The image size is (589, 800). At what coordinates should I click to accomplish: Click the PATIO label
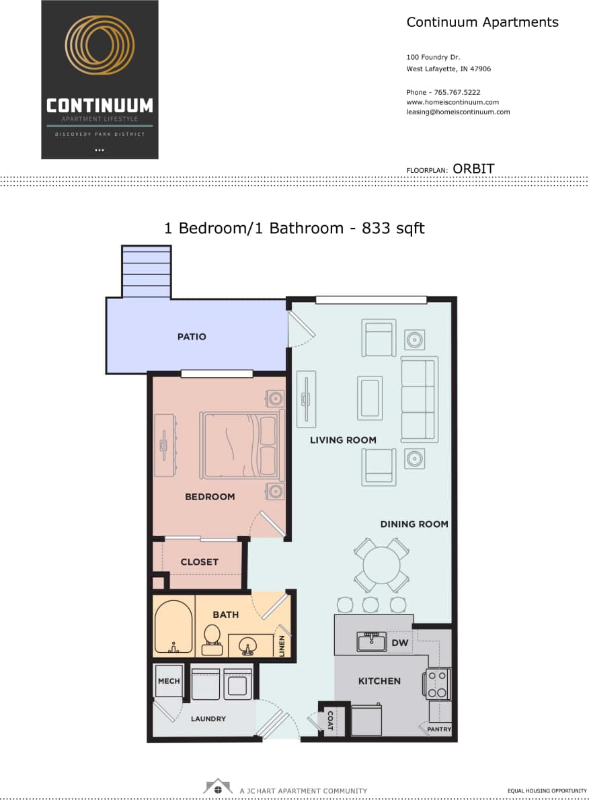(x=192, y=337)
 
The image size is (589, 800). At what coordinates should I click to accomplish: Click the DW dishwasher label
(x=400, y=643)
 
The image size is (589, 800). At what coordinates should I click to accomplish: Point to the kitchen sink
(x=371, y=642)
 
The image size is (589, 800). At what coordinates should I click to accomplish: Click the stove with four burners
(x=438, y=684)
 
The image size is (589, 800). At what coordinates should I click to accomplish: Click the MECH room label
(x=169, y=681)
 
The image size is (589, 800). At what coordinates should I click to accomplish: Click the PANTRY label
(x=439, y=729)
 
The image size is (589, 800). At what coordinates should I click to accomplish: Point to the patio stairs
(x=146, y=272)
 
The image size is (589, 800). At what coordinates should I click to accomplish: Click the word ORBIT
(x=473, y=169)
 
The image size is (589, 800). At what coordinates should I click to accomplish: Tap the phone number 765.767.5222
(x=457, y=92)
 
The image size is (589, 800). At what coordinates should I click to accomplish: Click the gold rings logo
(x=100, y=46)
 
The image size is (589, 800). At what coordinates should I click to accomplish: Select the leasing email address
(x=458, y=112)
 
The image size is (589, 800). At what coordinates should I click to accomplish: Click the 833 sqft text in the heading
(x=393, y=229)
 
